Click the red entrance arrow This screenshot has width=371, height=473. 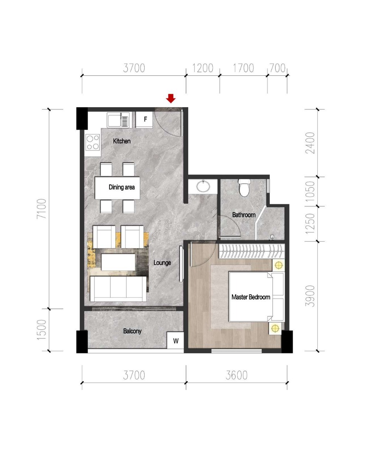[x=171, y=98]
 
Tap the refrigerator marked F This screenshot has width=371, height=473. [x=144, y=119]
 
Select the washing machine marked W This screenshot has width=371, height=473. [x=175, y=341]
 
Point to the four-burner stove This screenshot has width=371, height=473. [x=93, y=142]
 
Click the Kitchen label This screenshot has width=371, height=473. [x=122, y=141]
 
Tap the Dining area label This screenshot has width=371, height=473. [x=122, y=187]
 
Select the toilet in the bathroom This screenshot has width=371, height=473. [x=244, y=188]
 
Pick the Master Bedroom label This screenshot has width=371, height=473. [x=251, y=297]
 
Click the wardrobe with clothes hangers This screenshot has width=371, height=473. [x=252, y=251]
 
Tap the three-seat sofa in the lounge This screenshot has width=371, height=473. [x=118, y=289]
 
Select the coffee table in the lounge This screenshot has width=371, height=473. [x=118, y=262]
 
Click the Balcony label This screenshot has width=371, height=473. [x=132, y=331]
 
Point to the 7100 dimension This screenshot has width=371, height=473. [x=41, y=209]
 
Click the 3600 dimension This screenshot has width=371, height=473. [x=237, y=375]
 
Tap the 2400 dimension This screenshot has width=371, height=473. [x=310, y=143]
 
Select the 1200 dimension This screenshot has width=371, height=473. [x=203, y=68]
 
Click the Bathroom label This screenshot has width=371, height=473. [x=244, y=215]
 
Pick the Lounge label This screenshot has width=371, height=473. [x=162, y=263]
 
